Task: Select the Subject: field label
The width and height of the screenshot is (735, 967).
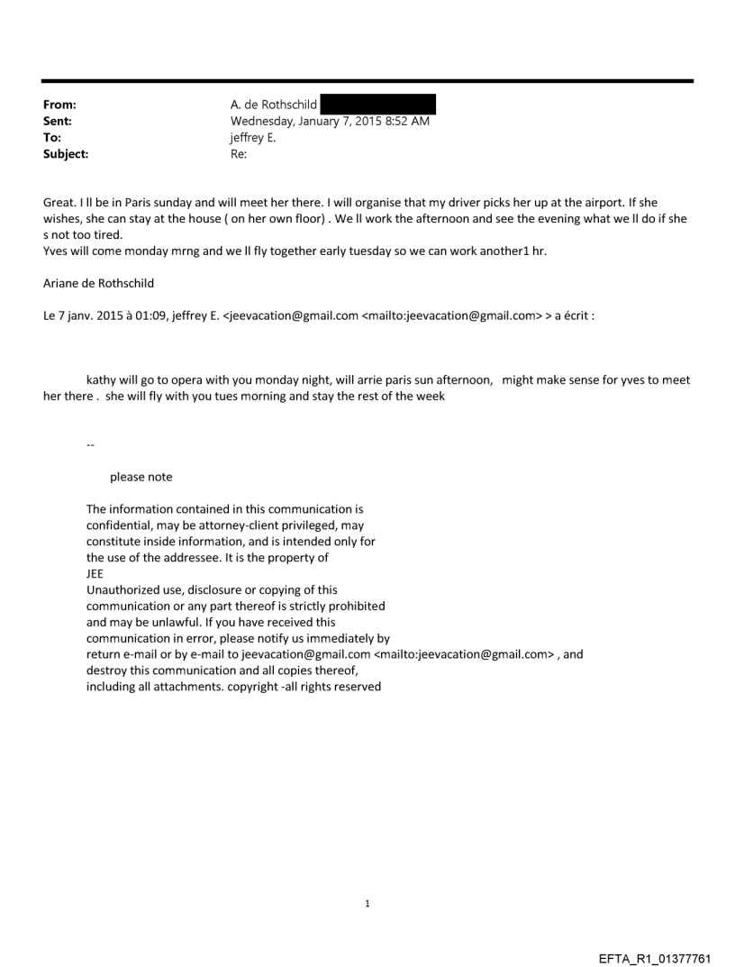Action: (64, 154)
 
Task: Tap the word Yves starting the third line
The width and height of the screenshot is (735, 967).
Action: (57, 251)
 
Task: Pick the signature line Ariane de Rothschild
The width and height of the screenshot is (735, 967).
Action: (98, 283)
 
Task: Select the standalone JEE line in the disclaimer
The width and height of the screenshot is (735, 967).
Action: (95, 574)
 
